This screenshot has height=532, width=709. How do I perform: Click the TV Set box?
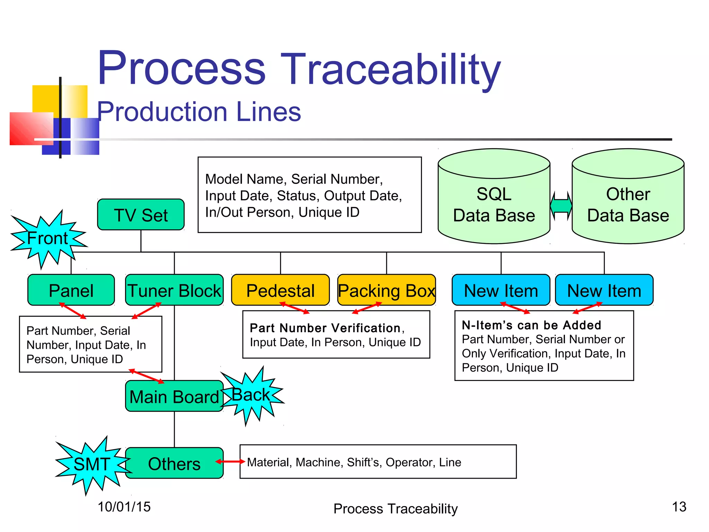coord(141,215)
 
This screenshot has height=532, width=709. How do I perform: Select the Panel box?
coord(71,290)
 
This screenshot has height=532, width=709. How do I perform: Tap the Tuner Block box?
coord(174,290)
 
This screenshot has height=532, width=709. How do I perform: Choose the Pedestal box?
coord(280,290)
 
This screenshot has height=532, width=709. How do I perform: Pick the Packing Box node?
coord(386,290)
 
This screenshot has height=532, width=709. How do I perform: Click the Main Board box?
coord(174,396)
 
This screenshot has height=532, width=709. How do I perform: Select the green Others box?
coord(174,463)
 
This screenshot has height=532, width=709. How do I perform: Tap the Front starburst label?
coord(48,239)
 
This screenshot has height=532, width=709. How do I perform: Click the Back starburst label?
coord(251,395)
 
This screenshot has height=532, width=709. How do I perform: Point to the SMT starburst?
coord(91,464)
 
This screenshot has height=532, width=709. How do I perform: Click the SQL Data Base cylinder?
coord(494,204)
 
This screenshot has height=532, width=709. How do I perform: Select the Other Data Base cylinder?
coord(628,204)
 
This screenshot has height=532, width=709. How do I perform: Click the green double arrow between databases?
coord(561,206)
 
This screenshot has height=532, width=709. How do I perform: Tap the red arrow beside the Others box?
coord(230,461)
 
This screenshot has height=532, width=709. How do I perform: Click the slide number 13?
coord(679,507)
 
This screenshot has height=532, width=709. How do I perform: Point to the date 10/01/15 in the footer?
coord(124,507)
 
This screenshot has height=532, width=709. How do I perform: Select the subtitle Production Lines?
coord(199,112)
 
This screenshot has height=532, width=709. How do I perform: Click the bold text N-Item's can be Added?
coord(531,325)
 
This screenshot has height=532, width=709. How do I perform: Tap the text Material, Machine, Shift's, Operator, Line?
coord(354,462)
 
